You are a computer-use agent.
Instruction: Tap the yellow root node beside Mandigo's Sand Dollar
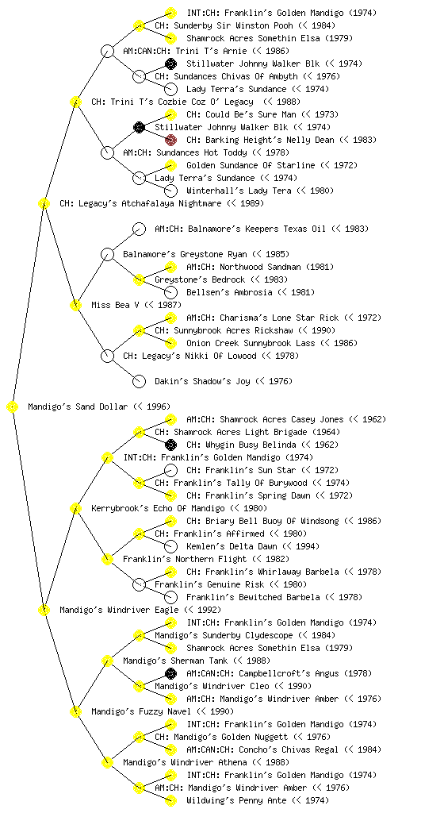coord(13,406)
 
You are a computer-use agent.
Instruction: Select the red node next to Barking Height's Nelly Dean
coord(170,140)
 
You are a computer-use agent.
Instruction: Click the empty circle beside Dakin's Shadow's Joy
coord(139,381)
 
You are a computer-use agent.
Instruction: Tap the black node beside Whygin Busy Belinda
coord(170,445)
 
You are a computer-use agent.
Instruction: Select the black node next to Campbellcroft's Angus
coord(170,673)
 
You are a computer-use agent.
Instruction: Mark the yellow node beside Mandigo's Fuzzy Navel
coord(75,711)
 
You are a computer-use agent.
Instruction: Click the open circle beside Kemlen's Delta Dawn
coord(170,546)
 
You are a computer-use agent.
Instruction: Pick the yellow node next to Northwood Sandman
coord(170,267)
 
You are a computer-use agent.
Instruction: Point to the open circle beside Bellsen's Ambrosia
coord(170,292)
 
